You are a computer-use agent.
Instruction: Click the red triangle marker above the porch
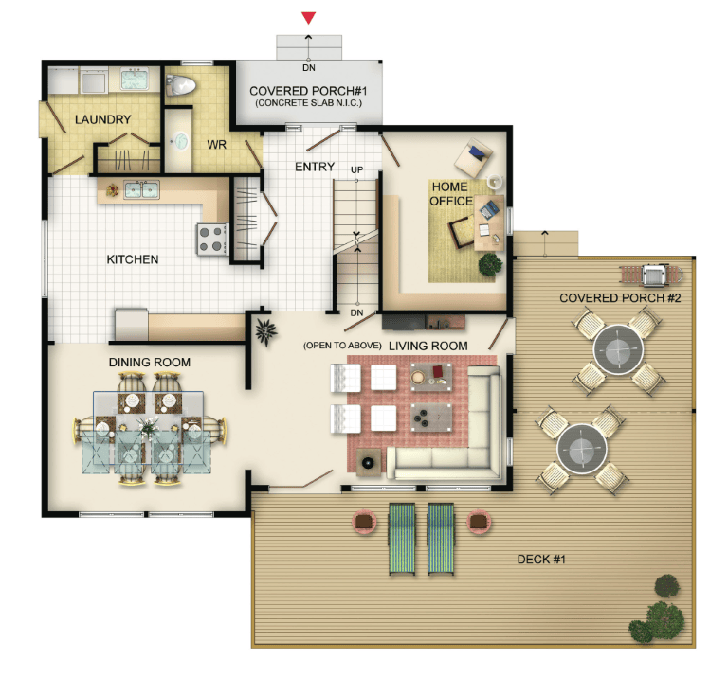click(308, 18)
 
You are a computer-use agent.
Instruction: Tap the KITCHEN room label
click(133, 259)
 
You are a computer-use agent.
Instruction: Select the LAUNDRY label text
click(102, 119)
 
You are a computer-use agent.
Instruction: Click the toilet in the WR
click(181, 85)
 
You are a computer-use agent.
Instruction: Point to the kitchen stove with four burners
click(212, 240)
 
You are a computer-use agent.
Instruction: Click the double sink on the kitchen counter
click(141, 189)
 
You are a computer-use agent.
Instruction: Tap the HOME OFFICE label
click(450, 194)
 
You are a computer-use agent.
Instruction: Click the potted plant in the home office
click(490, 265)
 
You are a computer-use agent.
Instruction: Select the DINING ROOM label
click(150, 362)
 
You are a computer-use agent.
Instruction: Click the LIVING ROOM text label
click(428, 346)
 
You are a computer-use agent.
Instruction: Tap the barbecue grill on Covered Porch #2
click(652, 275)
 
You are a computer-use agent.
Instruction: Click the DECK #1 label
click(541, 560)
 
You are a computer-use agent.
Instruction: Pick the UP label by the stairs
click(356, 169)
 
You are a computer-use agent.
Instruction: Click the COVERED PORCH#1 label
click(308, 91)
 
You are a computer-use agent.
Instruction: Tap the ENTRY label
click(315, 167)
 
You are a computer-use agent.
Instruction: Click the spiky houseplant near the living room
click(266, 332)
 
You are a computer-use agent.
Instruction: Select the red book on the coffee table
click(438, 371)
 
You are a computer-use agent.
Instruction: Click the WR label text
click(216, 145)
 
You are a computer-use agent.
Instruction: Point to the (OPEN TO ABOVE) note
click(342, 346)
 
